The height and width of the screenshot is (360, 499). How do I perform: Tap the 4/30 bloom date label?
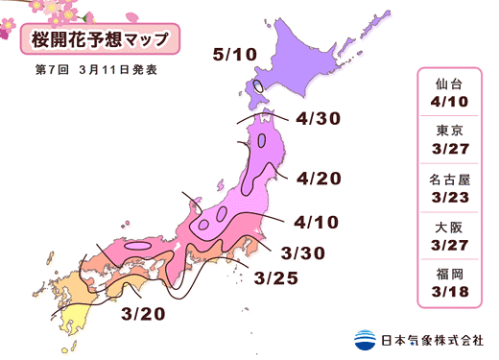point(320,120)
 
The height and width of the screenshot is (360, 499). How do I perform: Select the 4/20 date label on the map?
point(320,179)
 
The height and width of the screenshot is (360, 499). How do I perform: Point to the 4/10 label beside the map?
point(319,222)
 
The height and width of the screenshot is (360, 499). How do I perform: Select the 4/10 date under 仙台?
point(450,103)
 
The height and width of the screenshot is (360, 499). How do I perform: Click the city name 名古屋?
point(450,181)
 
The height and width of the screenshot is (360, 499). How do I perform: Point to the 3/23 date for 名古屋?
point(450,199)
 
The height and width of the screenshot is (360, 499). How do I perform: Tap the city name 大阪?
point(450,229)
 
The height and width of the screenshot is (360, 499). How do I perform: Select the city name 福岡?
point(450,276)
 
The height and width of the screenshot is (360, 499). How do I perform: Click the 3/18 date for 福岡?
point(450,295)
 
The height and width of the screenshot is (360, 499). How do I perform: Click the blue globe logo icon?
point(366,339)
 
